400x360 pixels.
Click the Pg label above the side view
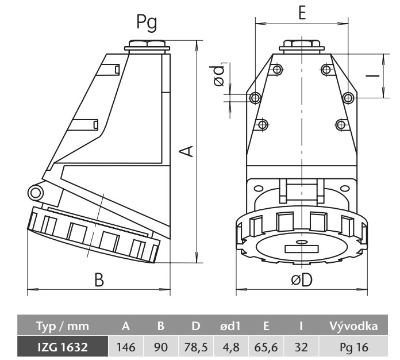click(x=147, y=22)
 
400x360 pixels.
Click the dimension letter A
click(x=186, y=151)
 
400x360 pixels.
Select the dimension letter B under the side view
click(x=99, y=280)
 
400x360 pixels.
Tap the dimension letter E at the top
click(x=302, y=12)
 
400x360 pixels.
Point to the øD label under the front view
click(x=302, y=280)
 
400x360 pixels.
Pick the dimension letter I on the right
click(x=373, y=75)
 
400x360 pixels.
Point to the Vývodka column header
click(x=353, y=326)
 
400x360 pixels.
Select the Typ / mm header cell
click(x=63, y=326)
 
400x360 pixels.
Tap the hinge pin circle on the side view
click(x=36, y=193)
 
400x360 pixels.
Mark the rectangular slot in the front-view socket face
click(x=302, y=249)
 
